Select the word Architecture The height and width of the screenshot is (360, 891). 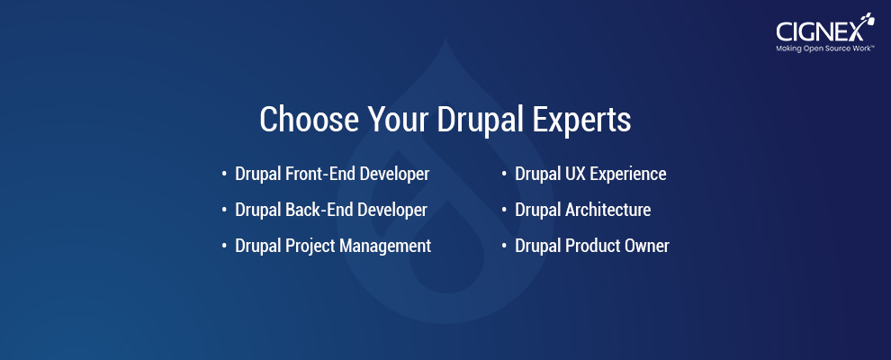click(x=608, y=210)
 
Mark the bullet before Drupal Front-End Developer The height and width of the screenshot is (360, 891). click(x=224, y=174)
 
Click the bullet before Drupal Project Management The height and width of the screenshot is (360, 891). click(x=224, y=246)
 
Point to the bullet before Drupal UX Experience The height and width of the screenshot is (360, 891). click(x=504, y=174)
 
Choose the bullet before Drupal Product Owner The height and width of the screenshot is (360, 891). click(x=504, y=246)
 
